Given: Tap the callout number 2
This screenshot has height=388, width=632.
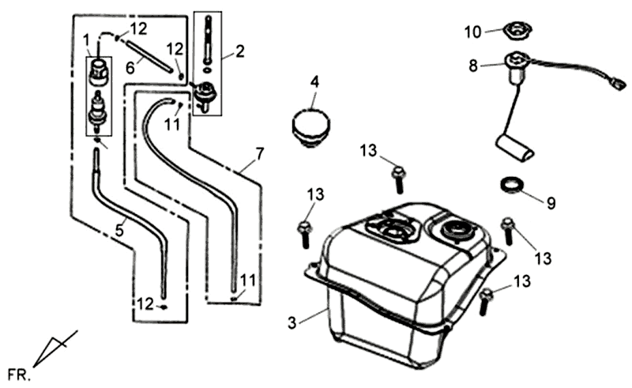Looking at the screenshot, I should coord(240,54).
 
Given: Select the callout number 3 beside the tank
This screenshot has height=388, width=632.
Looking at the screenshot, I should coord(293,322).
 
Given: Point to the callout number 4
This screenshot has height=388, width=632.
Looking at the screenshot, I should coord(314,81).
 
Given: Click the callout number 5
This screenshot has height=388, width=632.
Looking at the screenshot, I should coord(119,232).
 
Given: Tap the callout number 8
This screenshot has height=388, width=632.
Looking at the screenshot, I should coord(473,67).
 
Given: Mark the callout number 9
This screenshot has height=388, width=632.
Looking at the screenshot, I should coord(551,202).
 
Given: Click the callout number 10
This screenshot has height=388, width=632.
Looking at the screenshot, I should coord(472,32).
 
